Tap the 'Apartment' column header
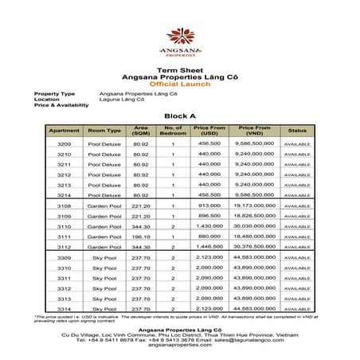[65, 130]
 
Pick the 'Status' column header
[297, 130]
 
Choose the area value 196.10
[140, 237]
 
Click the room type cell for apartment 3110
[104, 226]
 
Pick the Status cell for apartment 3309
[297, 258]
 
